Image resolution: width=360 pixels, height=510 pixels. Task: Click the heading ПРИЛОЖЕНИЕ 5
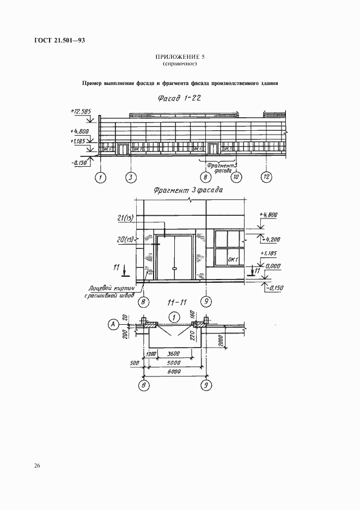[180, 57]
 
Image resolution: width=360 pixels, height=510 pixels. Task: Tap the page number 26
[36, 465]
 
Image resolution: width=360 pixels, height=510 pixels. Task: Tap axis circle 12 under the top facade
[266, 177]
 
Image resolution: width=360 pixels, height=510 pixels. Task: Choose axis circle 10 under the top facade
[236, 177]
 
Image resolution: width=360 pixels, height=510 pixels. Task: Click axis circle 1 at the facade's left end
[100, 177]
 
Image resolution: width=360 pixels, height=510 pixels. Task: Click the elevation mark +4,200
[270, 239]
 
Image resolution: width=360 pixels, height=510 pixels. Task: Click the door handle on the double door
[174, 269]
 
